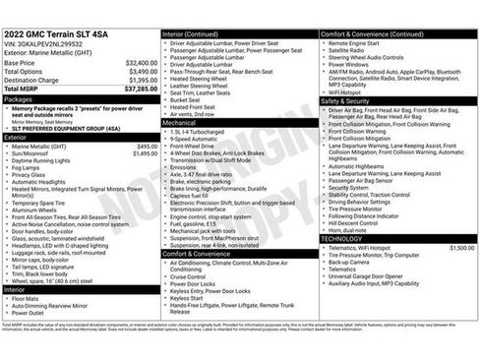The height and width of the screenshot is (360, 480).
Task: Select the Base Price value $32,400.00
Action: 142,62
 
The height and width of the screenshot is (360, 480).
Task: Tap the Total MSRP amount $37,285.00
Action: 140,89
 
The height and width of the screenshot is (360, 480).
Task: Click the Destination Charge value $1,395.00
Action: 143,80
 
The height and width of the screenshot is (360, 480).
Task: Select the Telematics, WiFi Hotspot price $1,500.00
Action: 461,249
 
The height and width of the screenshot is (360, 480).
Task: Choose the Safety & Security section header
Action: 345,101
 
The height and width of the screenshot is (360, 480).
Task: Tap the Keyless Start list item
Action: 192,297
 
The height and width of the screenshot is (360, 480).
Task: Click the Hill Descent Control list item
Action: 360,223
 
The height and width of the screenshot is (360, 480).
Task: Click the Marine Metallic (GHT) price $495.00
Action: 147,146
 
